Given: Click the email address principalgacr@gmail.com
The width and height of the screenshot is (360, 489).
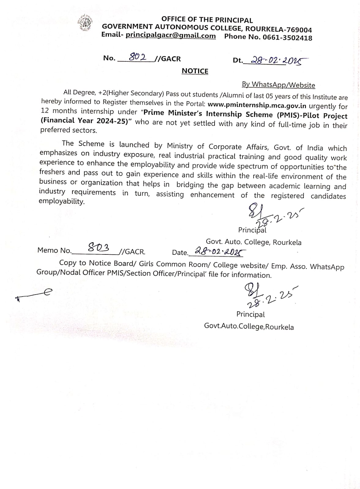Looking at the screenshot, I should coord(171,35).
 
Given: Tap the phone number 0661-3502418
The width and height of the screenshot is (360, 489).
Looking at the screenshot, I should coord(287,38).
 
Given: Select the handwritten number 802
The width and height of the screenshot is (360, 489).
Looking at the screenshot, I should coord(137,57).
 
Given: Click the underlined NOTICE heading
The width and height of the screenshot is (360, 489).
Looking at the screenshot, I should coord(195,71).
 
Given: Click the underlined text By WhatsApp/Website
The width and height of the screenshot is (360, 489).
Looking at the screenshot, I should coord(278,85).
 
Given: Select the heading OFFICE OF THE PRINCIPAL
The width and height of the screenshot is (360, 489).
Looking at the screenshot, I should coord(207,20).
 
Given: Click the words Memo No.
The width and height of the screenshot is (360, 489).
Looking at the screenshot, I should coord(54,250).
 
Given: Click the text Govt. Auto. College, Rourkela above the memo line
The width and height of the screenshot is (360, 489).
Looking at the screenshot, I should coord(253,242).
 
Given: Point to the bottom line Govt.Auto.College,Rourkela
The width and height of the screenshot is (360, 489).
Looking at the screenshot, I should coord(249,327).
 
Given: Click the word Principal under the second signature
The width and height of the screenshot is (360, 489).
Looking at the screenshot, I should coord(250,314).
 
